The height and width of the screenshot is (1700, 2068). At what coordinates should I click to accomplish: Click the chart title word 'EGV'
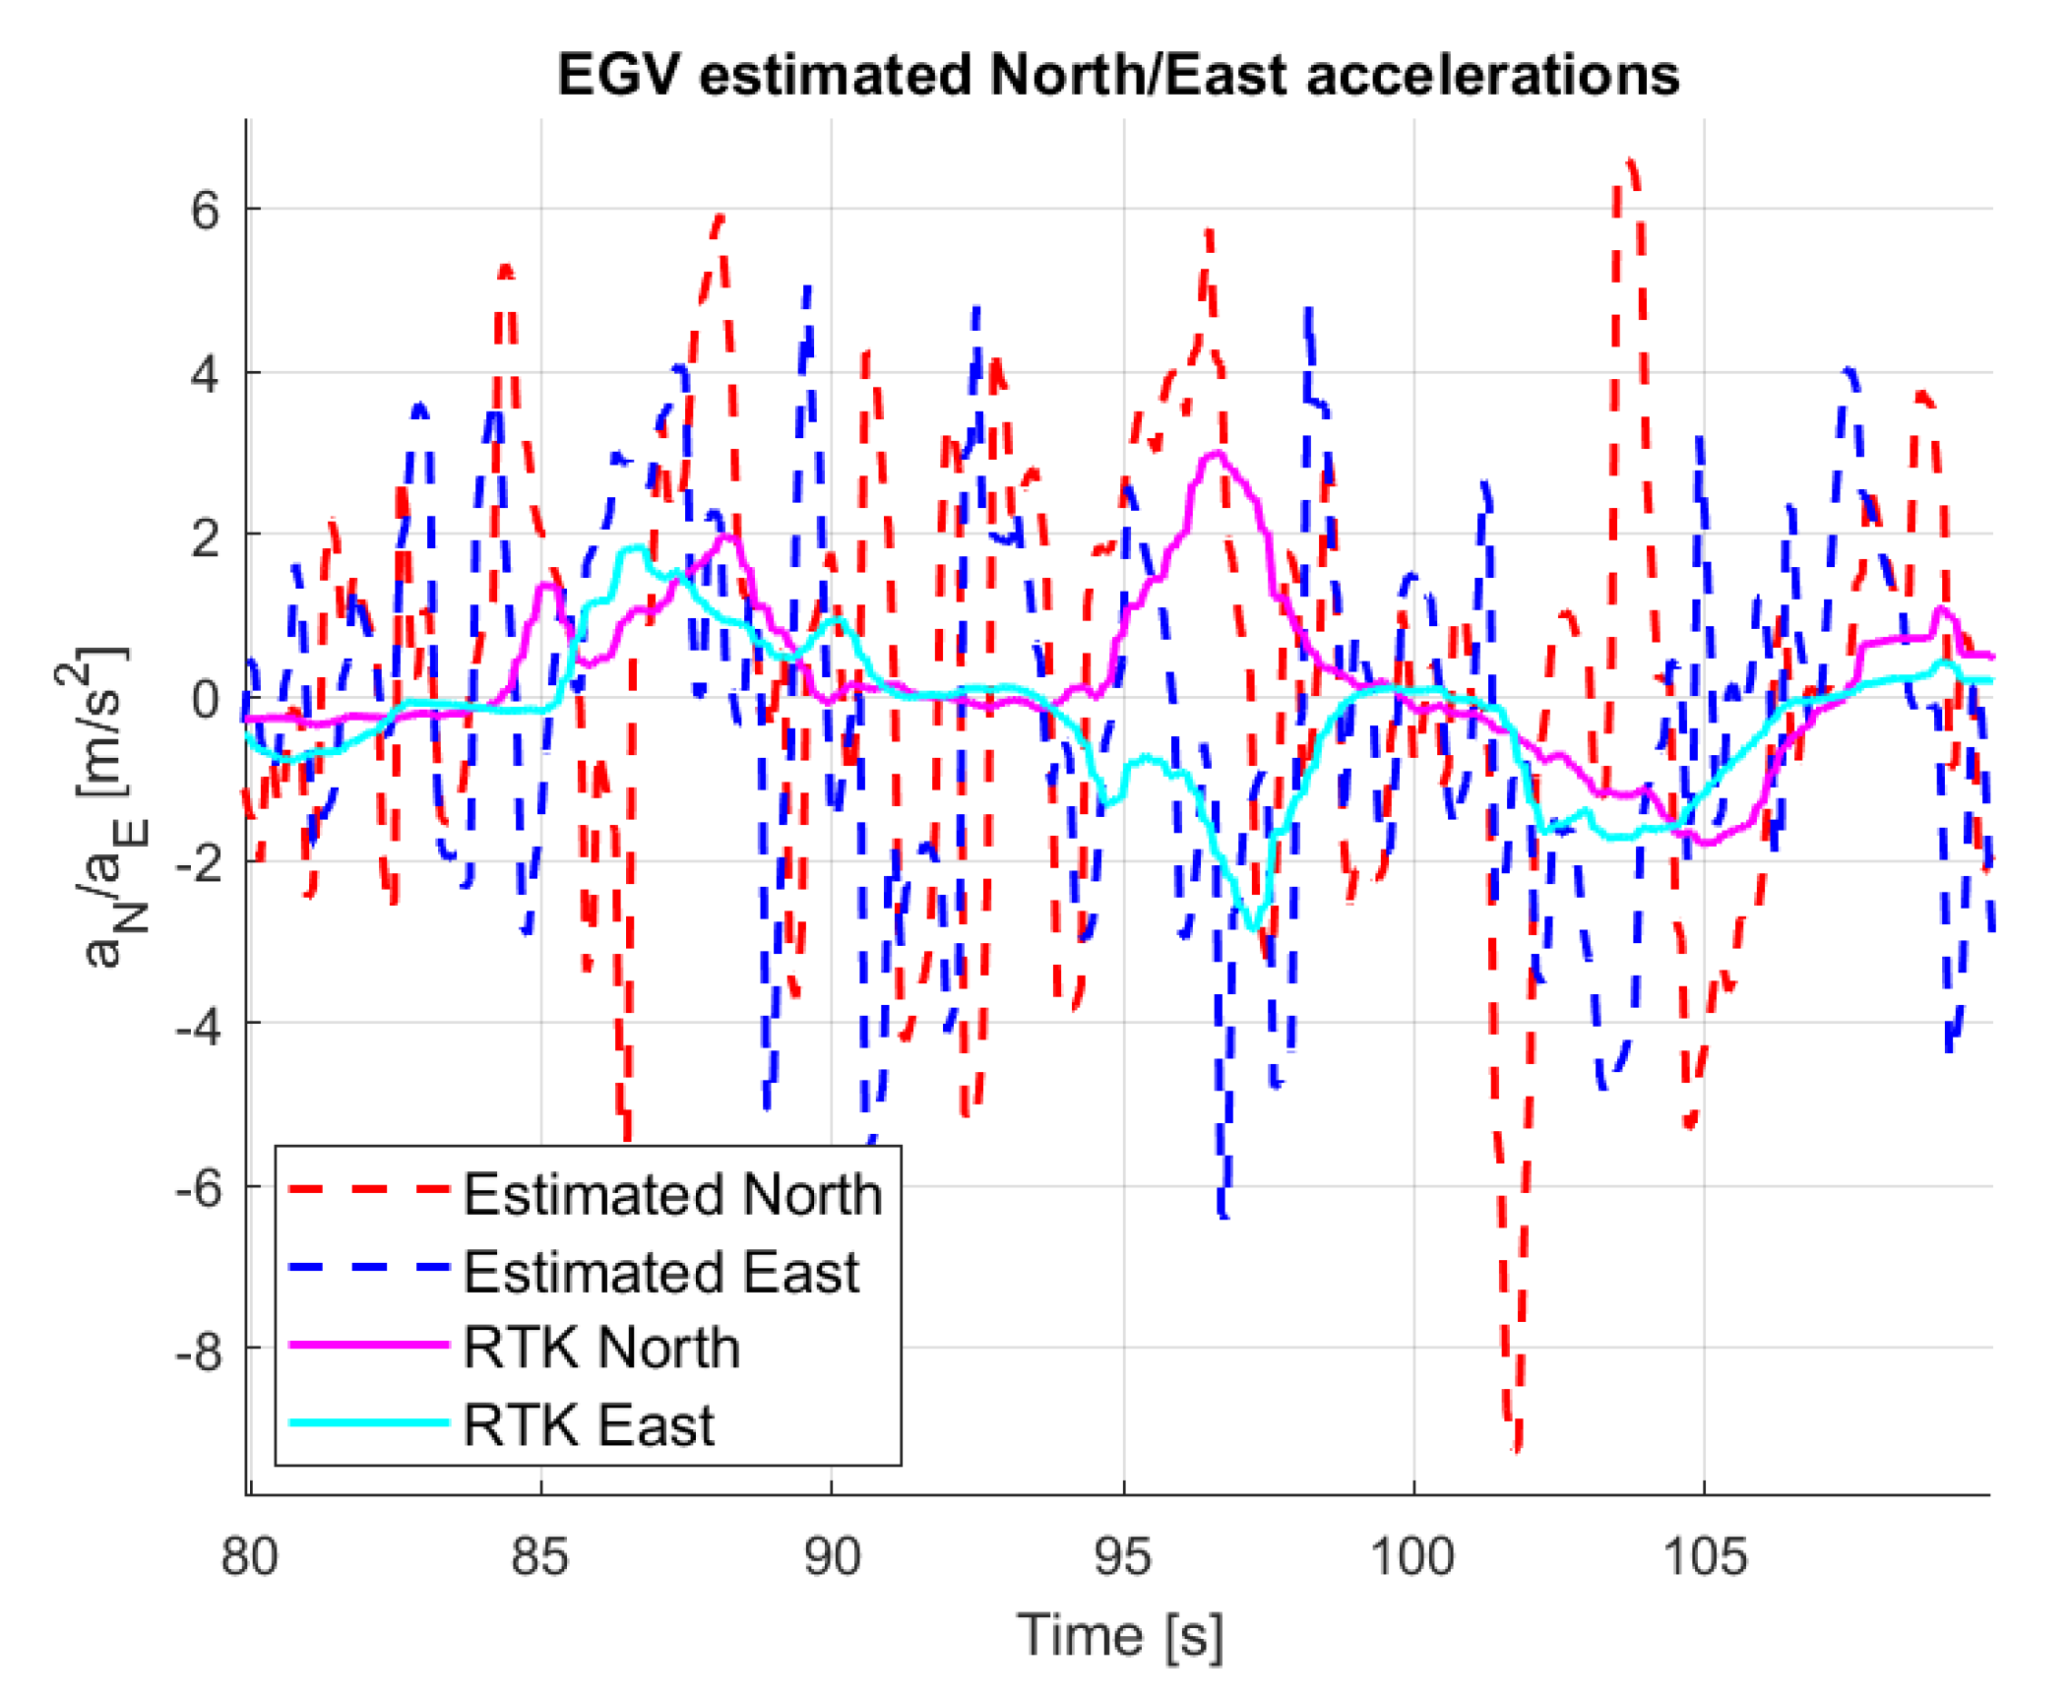[x=618, y=75]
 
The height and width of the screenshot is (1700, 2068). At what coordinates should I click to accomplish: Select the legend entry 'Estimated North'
[x=672, y=1194]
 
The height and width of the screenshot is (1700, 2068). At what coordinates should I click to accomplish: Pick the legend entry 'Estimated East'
[x=661, y=1272]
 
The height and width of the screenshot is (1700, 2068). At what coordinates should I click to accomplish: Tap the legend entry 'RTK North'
[x=601, y=1348]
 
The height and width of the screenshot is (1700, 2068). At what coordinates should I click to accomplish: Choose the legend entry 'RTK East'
[x=589, y=1424]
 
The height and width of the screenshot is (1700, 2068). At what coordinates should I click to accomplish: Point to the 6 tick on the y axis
[x=205, y=210]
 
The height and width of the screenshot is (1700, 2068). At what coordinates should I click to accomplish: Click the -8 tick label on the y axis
[x=200, y=1353]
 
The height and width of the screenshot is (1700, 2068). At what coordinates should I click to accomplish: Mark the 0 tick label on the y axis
[x=205, y=700]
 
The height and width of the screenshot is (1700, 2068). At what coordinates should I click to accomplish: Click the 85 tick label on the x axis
[x=539, y=1556]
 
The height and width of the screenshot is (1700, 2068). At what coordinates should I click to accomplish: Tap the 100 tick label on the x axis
[x=1412, y=1556]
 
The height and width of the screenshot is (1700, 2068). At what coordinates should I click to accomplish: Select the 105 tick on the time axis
[x=1704, y=1556]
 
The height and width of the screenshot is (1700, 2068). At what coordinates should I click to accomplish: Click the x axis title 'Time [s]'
[x=1119, y=1636]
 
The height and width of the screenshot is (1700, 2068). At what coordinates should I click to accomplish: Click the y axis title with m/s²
[x=103, y=807]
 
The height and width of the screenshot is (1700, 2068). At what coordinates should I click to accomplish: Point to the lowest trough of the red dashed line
[x=1516, y=1447]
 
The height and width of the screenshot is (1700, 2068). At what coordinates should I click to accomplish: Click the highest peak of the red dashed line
[x=1630, y=160]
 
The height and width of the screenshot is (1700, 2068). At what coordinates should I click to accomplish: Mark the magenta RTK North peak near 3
[x=1217, y=453]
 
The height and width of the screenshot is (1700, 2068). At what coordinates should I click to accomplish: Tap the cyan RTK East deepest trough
[x=1252, y=927]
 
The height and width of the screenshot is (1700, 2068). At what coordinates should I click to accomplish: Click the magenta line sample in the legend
[x=369, y=1345]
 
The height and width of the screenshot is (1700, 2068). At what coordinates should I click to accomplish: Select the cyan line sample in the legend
[x=369, y=1422]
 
